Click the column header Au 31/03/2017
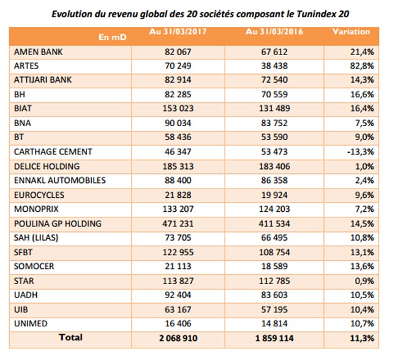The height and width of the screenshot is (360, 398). (x=178, y=31)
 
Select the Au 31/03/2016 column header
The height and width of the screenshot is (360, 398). (x=274, y=31)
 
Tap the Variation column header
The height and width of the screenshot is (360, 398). (x=351, y=31)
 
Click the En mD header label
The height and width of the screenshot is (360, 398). (x=112, y=37)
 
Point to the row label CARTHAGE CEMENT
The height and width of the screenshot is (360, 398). (x=53, y=152)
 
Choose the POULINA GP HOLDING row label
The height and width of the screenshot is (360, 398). (x=58, y=223)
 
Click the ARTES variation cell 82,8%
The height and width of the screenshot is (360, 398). (x=362, y=66)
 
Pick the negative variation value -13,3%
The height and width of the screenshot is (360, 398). (x=361, y=152)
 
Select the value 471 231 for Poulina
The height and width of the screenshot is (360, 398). (x=178, y=223)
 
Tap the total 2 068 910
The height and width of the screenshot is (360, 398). (x=178, y=338)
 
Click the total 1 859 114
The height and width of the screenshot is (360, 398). (x=274, y=338)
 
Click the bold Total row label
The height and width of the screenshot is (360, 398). (x=70, y=337)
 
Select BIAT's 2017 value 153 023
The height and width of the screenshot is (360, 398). (x=178, y=108)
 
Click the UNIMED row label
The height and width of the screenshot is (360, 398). (x=31, y=323)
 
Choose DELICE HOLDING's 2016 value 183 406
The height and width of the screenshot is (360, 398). (x=274, y=167)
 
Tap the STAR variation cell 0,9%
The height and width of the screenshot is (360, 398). (x=364, y=281)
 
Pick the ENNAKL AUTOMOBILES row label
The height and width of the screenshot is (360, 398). (x=60, y=180)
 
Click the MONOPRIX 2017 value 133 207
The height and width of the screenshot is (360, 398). (x=178, y=209)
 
